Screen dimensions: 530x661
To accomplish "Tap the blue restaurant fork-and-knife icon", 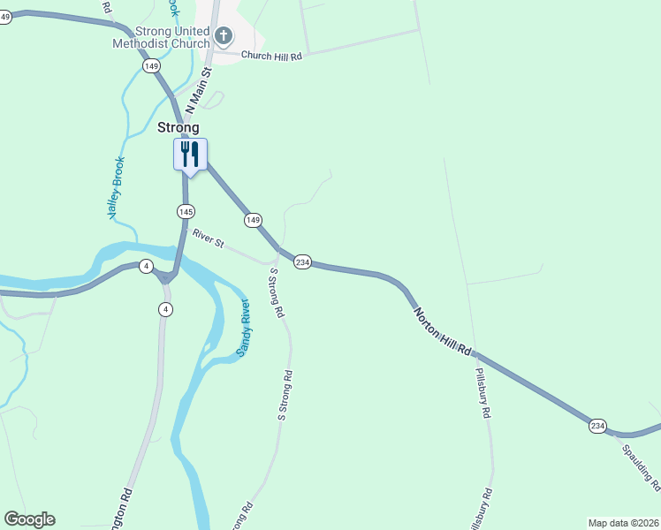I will pyautogui.click(x=190, y=155).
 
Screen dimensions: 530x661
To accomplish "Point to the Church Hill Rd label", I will pyautogui.click(x=272, y=56).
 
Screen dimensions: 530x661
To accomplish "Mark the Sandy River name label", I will pyautogui.click(x=244, y=328).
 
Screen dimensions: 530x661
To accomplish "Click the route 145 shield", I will pyautogui.click(x=186, y=211).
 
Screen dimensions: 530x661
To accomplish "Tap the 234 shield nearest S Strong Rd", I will pyautogui.click(x=303, y=262).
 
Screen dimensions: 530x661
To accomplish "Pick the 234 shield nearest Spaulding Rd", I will pyautogui.click(x=597, y=427).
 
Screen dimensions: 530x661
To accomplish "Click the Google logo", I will pyautogui.click(x=29, y=519).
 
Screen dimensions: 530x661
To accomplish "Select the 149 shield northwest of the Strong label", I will pyautogui.click(x=152, y=65).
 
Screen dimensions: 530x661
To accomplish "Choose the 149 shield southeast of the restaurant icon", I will pyautogui.click(x=254, y=219).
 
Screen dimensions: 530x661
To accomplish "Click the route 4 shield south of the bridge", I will pyautogui.click(x=165, y=308).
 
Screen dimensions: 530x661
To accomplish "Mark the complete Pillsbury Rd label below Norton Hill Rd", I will pyautogui.click(x=482, y=393).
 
